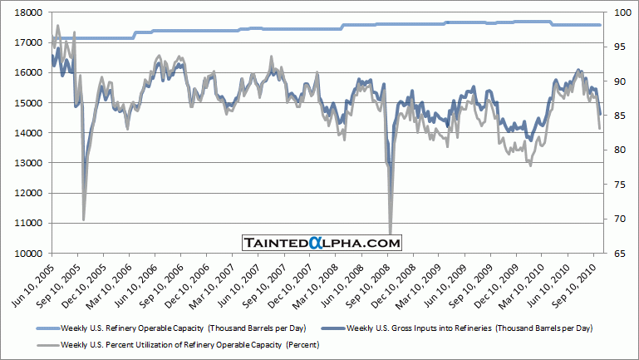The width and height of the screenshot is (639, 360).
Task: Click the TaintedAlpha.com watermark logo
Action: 322,243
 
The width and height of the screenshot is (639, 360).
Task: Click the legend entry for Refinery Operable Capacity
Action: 183,328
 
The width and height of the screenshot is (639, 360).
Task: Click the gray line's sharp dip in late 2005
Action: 83,219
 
